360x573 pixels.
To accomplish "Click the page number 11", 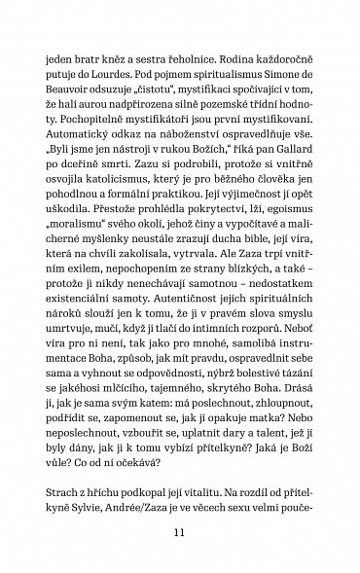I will pyautogui.click(x=180, y=531).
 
